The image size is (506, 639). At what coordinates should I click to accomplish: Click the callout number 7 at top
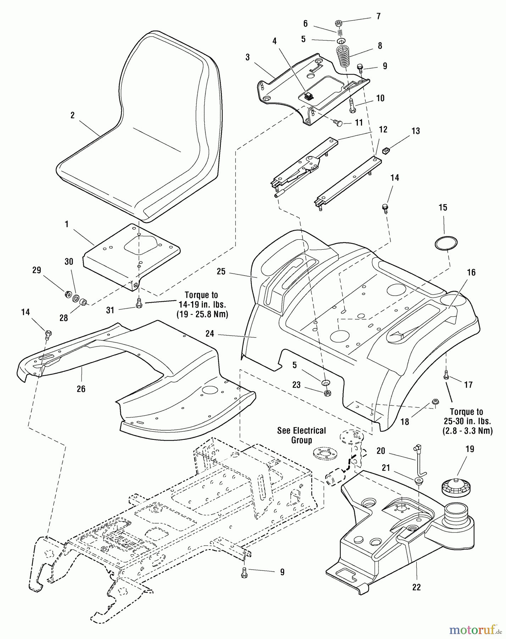pyautogui.click(x=378, y=16)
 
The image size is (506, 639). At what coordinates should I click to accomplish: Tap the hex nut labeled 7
pyautogui.click(x=338, y=24)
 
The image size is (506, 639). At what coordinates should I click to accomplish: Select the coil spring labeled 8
pyautogui.click(x=343, y=56)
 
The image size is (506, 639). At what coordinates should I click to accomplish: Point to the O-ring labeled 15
pyautogui.click(x=446, y=242)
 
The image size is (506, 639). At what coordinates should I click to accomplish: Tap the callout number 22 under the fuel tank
pyautogui.click(x=416, y=587)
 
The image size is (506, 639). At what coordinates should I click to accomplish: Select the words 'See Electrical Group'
pyautogui.click(x=301, y=435)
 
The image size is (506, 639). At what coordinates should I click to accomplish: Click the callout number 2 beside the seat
pyautogui.click(x=72, y=116)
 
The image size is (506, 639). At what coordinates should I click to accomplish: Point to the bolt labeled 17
pyautogui.click(x=446, y=375)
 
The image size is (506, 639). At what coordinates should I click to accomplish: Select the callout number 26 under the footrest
pyautogui.click(x=81, y=389)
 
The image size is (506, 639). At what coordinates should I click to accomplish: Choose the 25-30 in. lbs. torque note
pyautogui.click(x=466, y=421)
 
